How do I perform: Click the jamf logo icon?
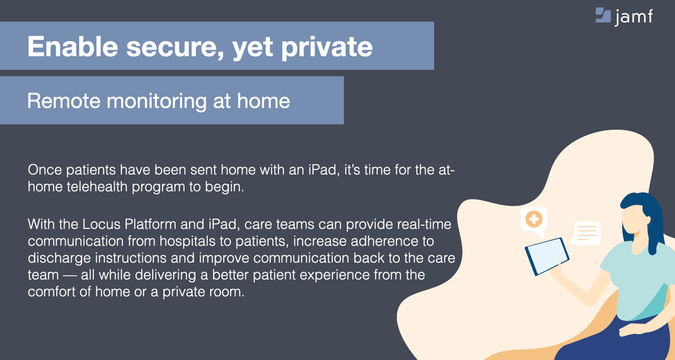(603, 15)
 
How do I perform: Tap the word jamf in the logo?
(634, 17)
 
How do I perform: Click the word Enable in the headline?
(72, 46)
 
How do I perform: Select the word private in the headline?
(327, 47)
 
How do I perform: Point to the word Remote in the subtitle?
(63, 101)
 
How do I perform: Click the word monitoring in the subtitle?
(157, 102)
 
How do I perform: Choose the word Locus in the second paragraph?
(101, 224)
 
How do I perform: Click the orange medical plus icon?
(534, 219)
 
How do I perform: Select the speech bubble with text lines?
(586, 233)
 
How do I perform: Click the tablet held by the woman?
(547, 256)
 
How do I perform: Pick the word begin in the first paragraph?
(224, 187)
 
